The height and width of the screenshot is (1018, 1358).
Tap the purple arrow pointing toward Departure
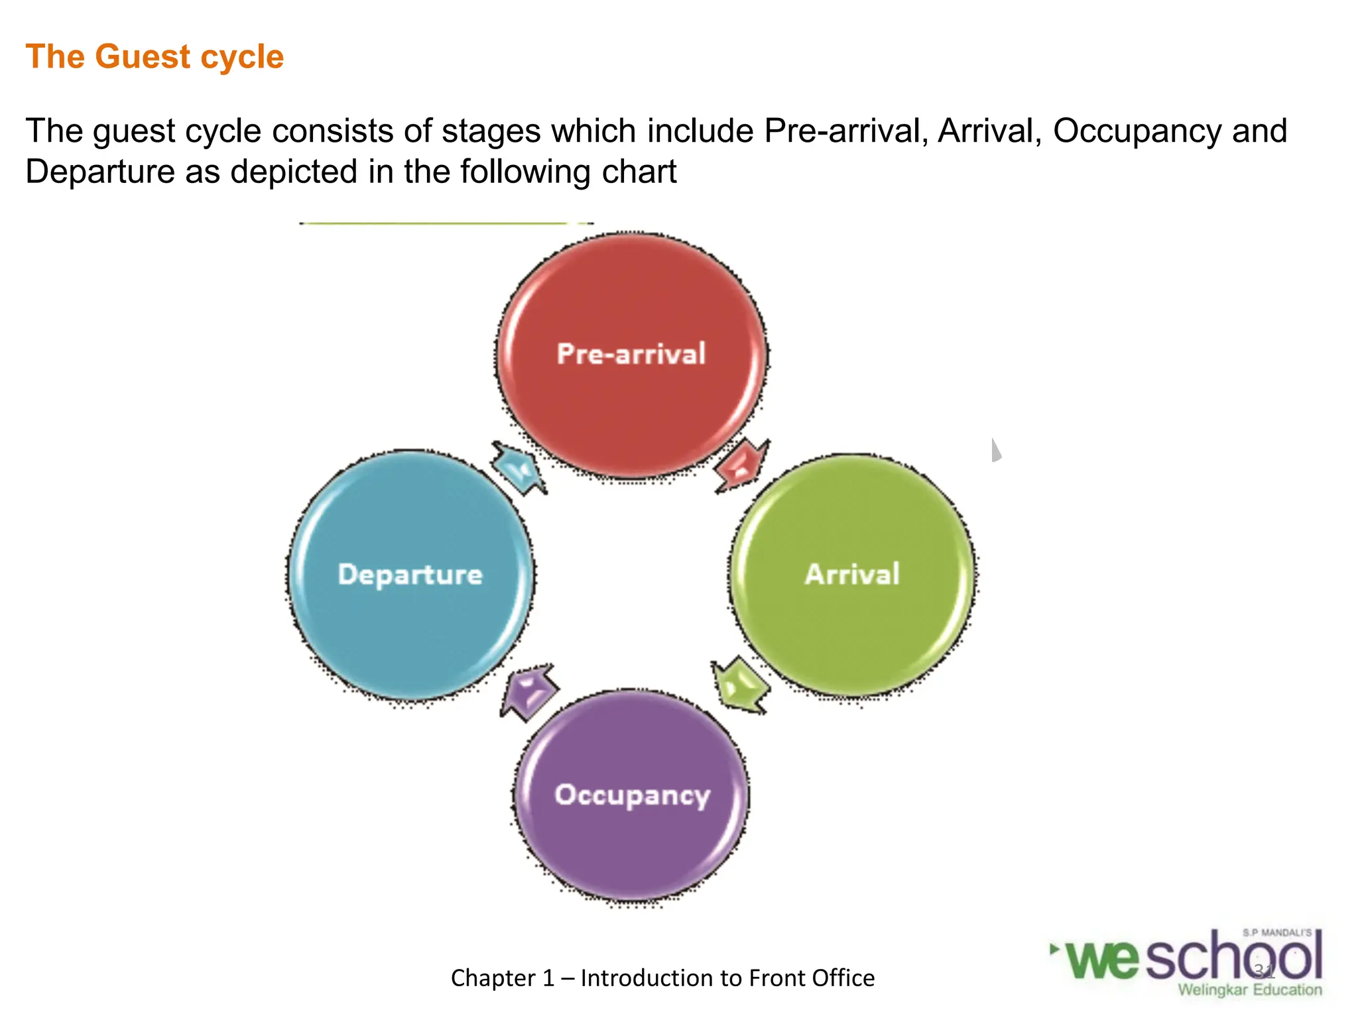pyautogui.click(x=528, y=692)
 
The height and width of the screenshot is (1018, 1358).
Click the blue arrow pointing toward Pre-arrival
pyautogui.click(x=519, y=467)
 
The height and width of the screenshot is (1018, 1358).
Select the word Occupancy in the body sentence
pyautogui.click(x=1137, y=131)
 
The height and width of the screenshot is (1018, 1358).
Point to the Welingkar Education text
pyautogui.click(x=1250, y=990)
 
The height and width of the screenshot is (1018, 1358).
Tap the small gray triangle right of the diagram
pyautogui.click(x=996, y=451)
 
